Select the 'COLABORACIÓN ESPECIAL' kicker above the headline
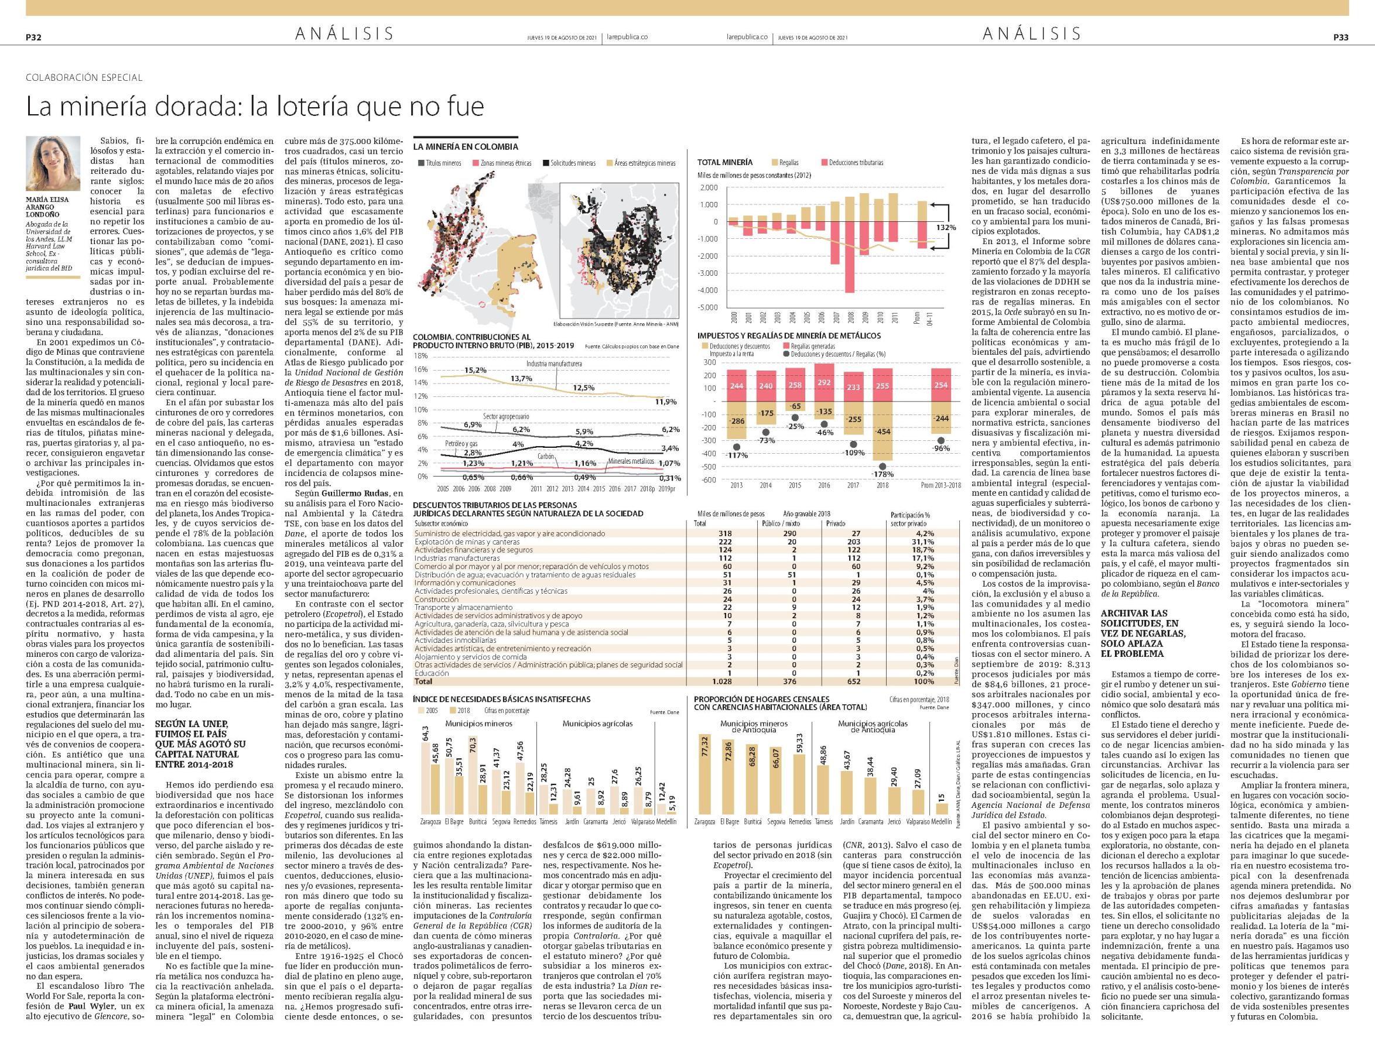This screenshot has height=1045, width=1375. [x=84, y=78]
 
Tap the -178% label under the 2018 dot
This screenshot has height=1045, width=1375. [x=883, y=474]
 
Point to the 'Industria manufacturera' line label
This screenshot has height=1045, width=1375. [x=554, y=362]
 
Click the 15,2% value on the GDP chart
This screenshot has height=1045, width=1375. [x=475, y=370]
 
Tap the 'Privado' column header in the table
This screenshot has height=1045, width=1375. [x=836, y=524]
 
